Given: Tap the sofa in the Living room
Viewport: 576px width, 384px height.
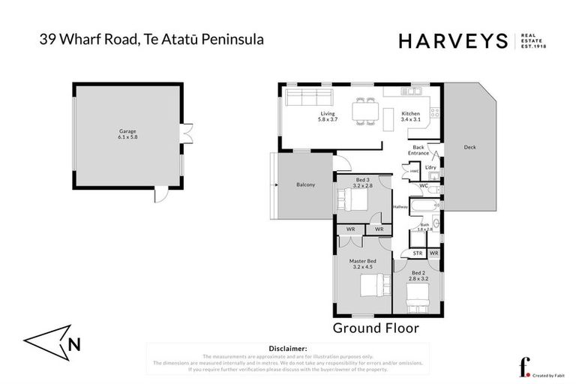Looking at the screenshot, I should tap(307, 97).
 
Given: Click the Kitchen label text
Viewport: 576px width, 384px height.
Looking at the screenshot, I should tap(411, 114).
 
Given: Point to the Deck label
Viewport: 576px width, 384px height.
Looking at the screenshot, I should tap(469, 147).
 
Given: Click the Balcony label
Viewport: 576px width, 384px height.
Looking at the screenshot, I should tap(305, 184).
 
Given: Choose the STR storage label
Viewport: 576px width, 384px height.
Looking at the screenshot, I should tap(418, 254).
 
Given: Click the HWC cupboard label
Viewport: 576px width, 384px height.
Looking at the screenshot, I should tap(414, 172).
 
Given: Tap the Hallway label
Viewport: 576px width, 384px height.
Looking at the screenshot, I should tap(400, 207).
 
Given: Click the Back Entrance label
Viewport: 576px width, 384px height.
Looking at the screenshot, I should tap(418, 150).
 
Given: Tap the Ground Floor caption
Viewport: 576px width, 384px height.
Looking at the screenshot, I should tap(375, 328).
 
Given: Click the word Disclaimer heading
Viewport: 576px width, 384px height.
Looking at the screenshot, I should tap(287, 349).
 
